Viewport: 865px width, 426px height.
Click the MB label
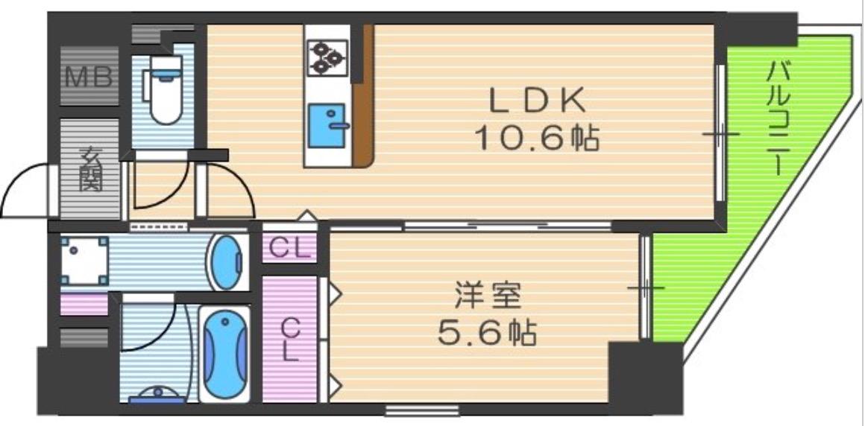point(89,77)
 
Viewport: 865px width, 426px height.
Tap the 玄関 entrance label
point(90,170)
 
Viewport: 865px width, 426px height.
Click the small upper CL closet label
point(289,248)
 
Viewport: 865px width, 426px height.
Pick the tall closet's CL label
point(289,337)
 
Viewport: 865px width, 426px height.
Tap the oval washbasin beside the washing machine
point(226,262)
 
